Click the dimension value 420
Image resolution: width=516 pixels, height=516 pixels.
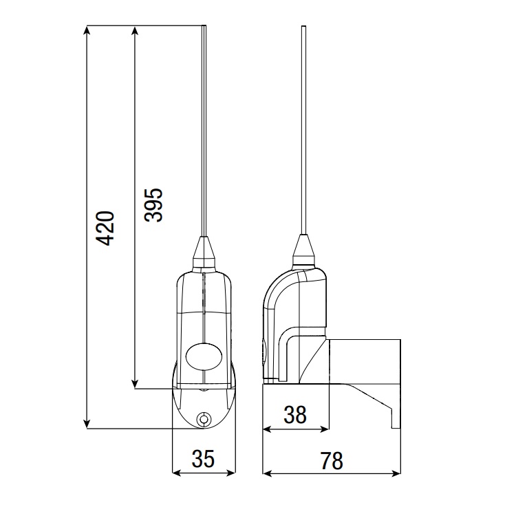tap(105, 227)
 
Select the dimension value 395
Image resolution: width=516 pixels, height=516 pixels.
tap(153, 204)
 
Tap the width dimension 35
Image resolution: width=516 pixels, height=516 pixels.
tap(204, 458)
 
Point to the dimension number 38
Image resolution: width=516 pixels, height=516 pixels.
tap(295, 414)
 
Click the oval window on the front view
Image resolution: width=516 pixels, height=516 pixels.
tap(204, 356)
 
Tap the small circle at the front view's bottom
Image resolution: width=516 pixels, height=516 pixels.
tap(204, 420)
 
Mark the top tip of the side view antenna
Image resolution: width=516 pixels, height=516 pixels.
tap(303, 28)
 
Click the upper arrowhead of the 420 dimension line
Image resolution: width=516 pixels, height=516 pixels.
tap(87, 31)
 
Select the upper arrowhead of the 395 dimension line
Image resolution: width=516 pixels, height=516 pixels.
tap(134, 31)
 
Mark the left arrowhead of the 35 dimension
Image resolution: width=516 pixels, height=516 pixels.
tap(175, 473)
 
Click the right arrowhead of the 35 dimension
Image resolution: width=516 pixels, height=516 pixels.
tap(232, 473)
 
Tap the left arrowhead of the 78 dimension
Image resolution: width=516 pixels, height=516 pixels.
tap(268, 473)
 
